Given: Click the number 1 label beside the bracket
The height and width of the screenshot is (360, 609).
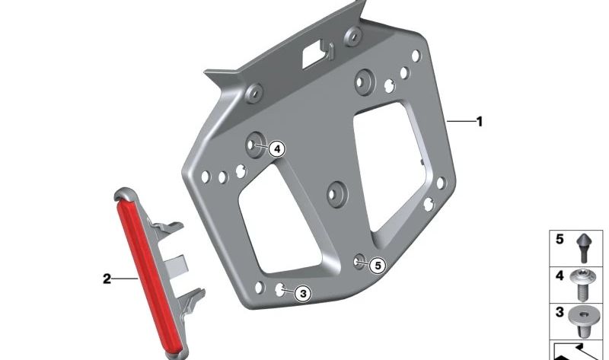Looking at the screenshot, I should pos(480,121).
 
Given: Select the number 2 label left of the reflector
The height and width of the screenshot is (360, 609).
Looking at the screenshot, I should pos(107,279).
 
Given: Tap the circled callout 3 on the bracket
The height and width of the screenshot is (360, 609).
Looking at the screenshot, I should pos(302,293).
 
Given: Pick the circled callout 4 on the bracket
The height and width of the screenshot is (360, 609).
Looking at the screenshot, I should pos(276,149).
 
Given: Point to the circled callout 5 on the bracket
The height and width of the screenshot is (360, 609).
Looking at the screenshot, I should pos(378,266).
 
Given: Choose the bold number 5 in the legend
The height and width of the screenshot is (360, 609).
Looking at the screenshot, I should pos(560,240).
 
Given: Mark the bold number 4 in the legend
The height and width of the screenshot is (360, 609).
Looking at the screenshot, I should pos(560,276).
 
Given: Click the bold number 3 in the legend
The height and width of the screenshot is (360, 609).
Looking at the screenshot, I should pos(560,313).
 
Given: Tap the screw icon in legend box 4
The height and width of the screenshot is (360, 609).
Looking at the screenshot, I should pos(585,283).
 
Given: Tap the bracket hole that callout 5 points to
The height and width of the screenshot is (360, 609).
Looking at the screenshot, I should pos(359,262).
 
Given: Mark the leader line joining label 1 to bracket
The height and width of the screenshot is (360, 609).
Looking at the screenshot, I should pos(461,121).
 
